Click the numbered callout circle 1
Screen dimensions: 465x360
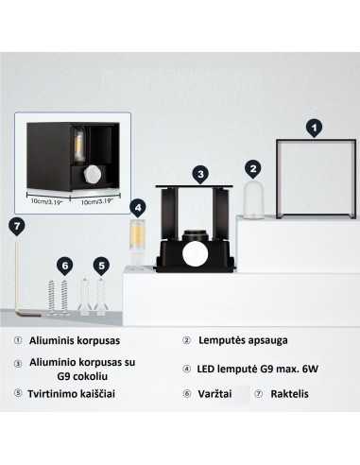pos(315,125)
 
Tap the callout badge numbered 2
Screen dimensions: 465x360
pos(252,168)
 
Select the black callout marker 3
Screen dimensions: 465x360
pos(199,174)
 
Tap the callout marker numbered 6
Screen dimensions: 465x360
pos(64,265)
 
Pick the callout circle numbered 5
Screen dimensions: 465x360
pos(102,265)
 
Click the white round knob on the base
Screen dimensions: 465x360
pos(197,253)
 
